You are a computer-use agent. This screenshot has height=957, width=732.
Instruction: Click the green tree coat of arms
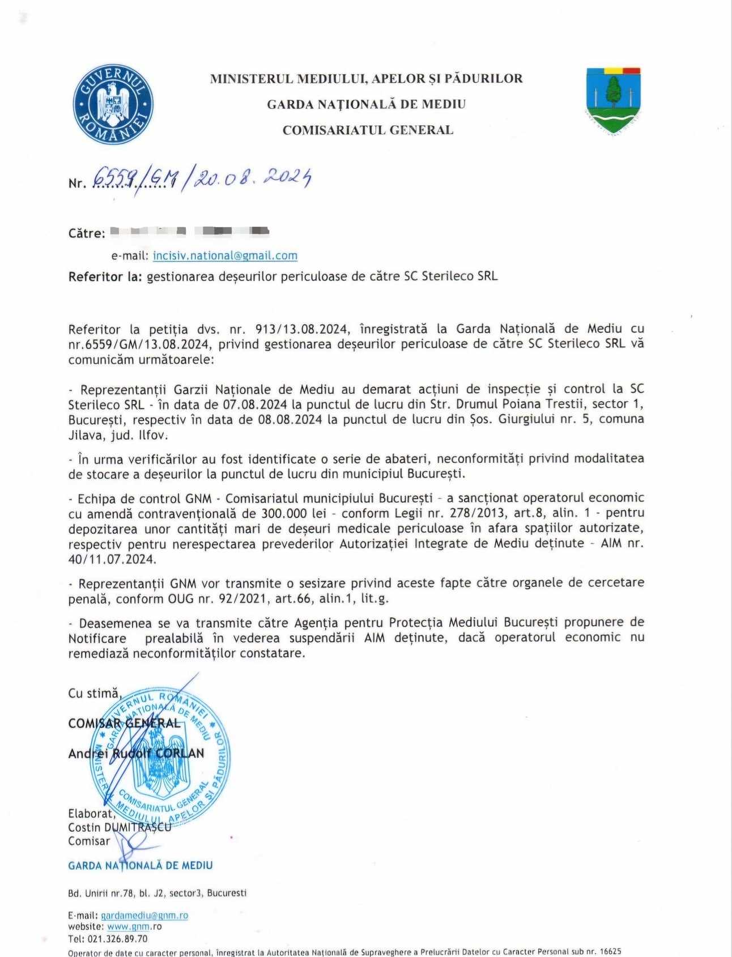tap(614, 99)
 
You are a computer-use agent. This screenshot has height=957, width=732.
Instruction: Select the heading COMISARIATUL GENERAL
tap(368, 130)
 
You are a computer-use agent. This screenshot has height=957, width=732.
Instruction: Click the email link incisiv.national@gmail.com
tap(225, 256)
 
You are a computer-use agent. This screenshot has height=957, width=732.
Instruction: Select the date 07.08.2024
tap(259, 405)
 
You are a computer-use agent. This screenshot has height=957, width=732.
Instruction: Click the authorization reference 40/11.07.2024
tap(112, 559)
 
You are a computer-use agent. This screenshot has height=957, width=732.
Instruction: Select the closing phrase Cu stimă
tap(94, 692)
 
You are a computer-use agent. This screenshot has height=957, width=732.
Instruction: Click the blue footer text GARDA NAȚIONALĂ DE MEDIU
tap(141, 865)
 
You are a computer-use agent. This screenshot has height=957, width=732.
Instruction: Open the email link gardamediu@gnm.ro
tap(144, 915)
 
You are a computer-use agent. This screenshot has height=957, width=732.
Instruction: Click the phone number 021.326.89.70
tap(116, 939)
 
